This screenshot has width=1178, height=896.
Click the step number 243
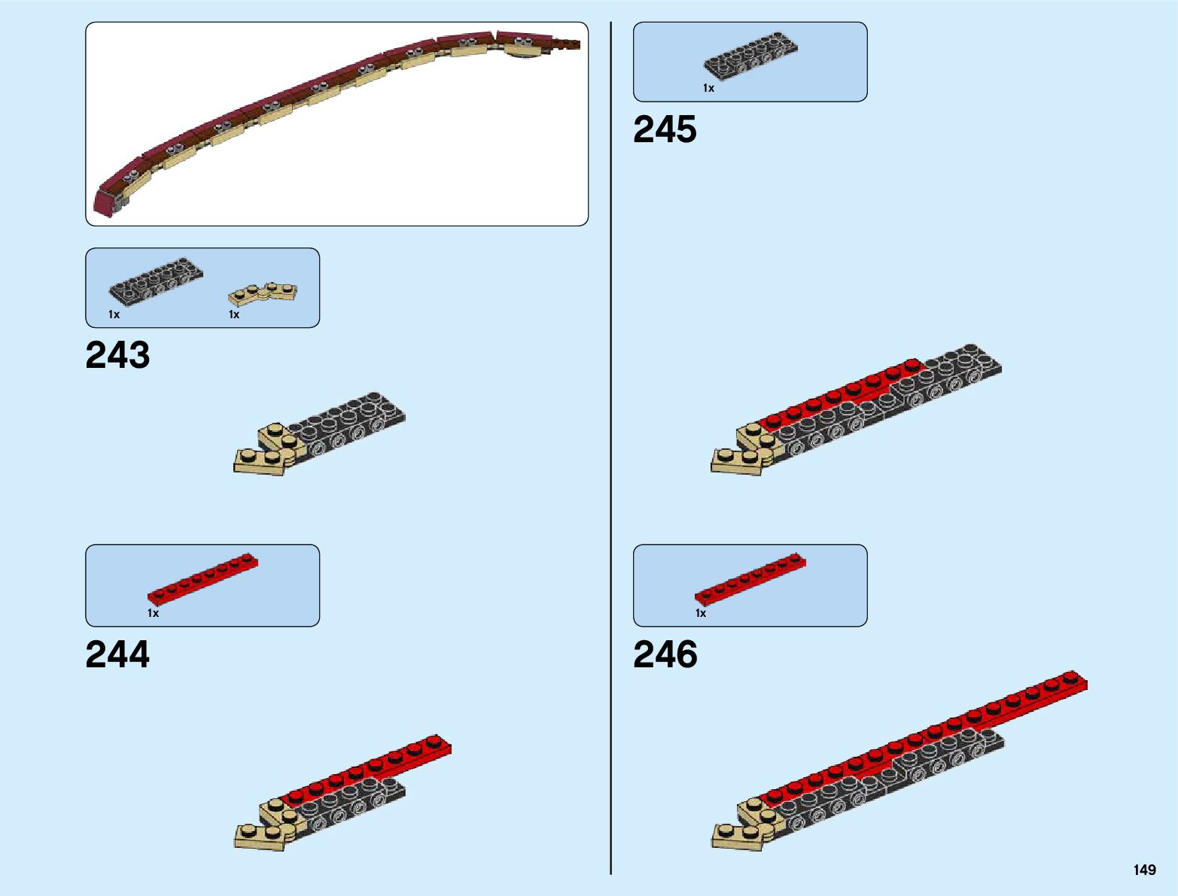pyautogui.click(x=117, y=355)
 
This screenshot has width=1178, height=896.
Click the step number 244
pyautogui.click(x=117, y=655)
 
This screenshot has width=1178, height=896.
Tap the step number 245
pyautogui.click(x=665, y=129)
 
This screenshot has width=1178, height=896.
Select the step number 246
pyautogui.click(x=665, y=655)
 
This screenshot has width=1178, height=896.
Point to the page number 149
pyautogui.click(x=1144, y=870)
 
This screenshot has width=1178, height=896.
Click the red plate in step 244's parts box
pyautogui.click(x=202, y=581)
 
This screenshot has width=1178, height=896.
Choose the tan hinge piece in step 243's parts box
pyautogui.click(x=263, y=293)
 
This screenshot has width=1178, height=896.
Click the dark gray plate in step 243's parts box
pyautogui.click(x=156, y=281)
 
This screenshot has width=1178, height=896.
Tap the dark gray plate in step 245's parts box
pyautogui.click(x=750, y=56)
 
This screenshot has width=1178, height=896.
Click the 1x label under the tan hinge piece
pyautogui.click(x=234, y=314)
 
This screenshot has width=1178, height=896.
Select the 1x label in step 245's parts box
pyautogui.click(x=708, y=88)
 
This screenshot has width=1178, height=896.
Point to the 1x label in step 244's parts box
pyautogui.click(x=153, y=613)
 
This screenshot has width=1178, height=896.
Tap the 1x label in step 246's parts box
pyautogui.click(x=701, y=613)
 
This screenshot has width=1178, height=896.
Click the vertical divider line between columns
pyautogui.click(x=610, y=451)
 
